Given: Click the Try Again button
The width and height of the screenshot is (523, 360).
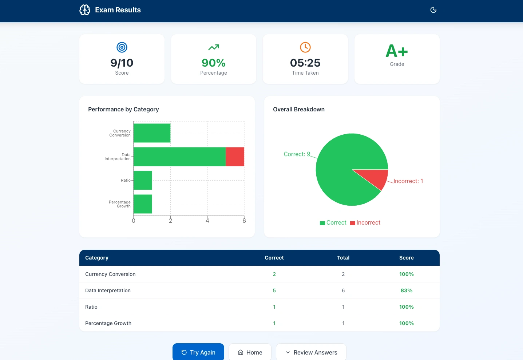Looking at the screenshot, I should [x=198, y=352].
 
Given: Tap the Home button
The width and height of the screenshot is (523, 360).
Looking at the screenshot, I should [x=250, y=352].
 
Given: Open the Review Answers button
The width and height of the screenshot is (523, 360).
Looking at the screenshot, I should [x=311, y=352].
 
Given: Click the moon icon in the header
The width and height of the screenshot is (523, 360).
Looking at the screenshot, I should [x=433, y=10].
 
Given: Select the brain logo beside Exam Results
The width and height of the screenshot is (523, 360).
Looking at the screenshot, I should [x=85, y=10].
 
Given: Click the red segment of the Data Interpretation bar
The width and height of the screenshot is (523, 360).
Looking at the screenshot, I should [x=235, y=157].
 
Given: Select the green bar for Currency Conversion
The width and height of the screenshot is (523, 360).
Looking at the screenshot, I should [x=152, y=133].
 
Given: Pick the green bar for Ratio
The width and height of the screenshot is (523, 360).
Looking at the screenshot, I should [x=143, y=180].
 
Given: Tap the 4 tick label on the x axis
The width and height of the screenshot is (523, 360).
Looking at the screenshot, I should [x=207, y=221].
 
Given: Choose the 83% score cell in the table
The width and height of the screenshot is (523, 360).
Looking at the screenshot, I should [x=406, y=290].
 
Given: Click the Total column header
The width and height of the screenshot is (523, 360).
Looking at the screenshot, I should [x=343, y=258].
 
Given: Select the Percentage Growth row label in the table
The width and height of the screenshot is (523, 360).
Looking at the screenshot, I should [x=108, y=323].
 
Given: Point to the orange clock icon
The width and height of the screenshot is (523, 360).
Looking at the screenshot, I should [x=305, y=47].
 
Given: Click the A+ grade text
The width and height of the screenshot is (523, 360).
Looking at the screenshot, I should [x=397, y=51].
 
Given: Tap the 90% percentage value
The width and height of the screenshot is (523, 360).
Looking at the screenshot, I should [x=214, y=63].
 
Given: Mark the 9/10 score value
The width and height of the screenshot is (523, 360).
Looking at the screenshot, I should [x=122, y=63].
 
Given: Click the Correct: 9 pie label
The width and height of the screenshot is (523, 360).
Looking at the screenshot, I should [x=297, y=154].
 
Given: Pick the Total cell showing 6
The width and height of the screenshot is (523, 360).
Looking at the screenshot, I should [x=343, y=290].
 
